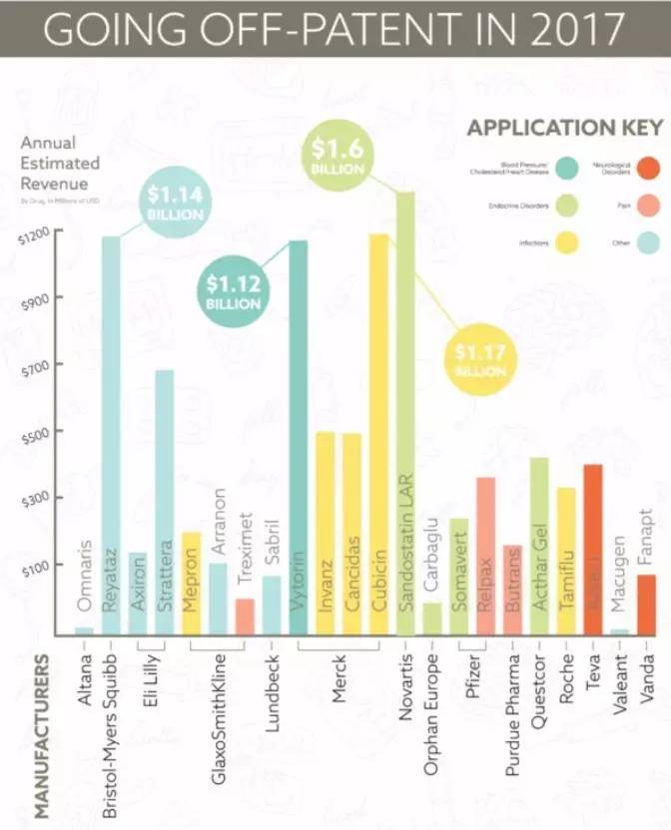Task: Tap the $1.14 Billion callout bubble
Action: tap(177, 203)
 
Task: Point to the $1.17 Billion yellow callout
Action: tap(479, 360)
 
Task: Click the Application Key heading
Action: tap(565, 129)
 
